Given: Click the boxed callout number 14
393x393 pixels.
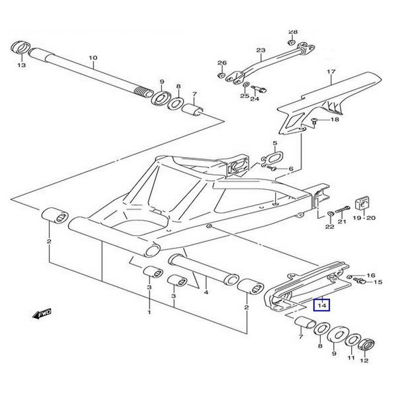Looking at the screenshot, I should [x=322, y=306].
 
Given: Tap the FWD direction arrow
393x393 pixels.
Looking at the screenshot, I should [x=42, y=312].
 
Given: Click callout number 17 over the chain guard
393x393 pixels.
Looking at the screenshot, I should [x=331, y=72].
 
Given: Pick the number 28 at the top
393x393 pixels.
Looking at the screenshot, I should [x=293, y=32].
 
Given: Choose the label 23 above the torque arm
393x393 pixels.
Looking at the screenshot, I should [x=260, y=51].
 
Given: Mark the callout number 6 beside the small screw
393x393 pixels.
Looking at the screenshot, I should [x=291, y=169].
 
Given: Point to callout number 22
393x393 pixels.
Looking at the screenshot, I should [x=330, y=226].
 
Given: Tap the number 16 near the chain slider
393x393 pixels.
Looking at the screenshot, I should [x=371, y=275].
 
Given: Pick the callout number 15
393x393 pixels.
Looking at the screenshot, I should [x=377, y=282].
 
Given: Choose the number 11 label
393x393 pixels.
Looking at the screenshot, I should [x=351, y=359].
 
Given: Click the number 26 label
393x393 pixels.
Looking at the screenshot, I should [x=222, y=63].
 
